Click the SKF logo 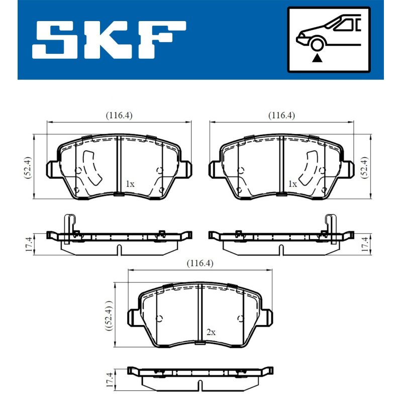tap(109, 40)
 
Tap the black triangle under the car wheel tap(317, 58)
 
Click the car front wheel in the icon tap(317, 44)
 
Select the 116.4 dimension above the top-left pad tap(119, 116)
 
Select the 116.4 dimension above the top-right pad tap(281, 116)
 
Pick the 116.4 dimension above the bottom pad tap(200, 263)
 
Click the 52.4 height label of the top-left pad tap(28, 167)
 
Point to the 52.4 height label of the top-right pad tap(364, 167)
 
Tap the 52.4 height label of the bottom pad tap(109, 316)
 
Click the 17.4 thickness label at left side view tap(29, 244)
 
